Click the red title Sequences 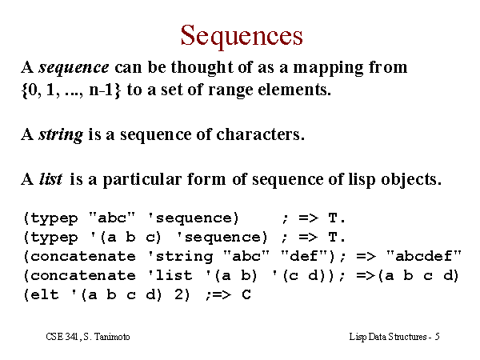pyautogui.click(x=242, y=36)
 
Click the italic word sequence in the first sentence pyautogui.click(x=74, y=68)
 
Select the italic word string pyautogui.click(x=61, y=135)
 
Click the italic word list pyautogui.click(x=51, y=178)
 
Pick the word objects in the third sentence pyautogui.click(x=410, y=179)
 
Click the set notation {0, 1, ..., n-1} pyautogui.click(x=71, y=90)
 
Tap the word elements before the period pyautogui.click(x=293, y=90)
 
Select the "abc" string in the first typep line pyautogui.click(x=112, y=218)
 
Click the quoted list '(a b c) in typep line pyautogui.click(x=126, y=238)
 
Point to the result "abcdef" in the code pyautogui.click(x=424, y=256)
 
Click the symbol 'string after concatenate pyautogui.click(x=180, y=257)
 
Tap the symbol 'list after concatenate pyautogui.click(x=170, y=275)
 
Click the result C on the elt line pyautogui.click(x=246, y=294)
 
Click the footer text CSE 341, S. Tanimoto pyautogui.click(x=88, y=337)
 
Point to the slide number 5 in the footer pyautogui.click(x=437, y=337)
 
